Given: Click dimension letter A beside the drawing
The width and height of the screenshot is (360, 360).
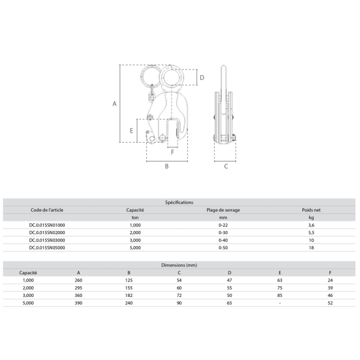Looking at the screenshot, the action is [115, 104].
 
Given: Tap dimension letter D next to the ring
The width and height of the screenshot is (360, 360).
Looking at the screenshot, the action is [202, 77].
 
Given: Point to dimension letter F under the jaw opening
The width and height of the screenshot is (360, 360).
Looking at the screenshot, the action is [173, 152].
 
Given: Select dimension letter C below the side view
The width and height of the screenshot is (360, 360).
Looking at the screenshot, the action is [226, 166].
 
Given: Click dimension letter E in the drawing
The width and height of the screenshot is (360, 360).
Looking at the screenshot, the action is [131, 131].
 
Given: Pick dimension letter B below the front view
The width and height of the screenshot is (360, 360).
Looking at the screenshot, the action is [167, 166].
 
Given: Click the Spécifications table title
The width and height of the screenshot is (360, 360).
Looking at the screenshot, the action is [179, 202].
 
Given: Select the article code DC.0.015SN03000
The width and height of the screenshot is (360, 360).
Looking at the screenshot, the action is [47, 240].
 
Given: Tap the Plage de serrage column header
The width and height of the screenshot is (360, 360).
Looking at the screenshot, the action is [223, 210].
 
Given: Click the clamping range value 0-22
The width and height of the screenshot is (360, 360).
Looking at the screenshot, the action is [223, 225].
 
